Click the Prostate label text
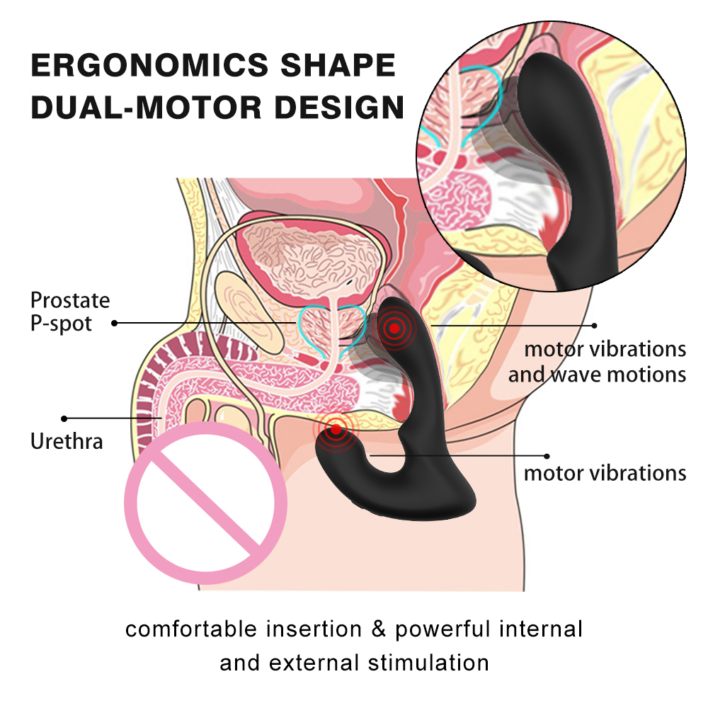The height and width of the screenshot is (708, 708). [70, 300]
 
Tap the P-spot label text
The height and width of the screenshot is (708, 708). [61, 324]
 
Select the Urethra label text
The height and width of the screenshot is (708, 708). [67, 442]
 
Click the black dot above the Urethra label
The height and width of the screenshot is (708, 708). [64, 418]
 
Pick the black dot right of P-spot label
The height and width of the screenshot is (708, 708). [115, 324]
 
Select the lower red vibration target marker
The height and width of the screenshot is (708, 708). [336, 428]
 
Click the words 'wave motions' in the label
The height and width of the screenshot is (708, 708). [619, 374]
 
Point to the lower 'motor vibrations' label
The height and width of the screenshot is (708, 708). [605, 473]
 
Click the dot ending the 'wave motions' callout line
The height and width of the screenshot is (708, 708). [595, 326]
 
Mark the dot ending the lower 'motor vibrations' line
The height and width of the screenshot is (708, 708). [546, 456]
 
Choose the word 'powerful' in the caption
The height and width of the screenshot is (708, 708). [442, 629]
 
